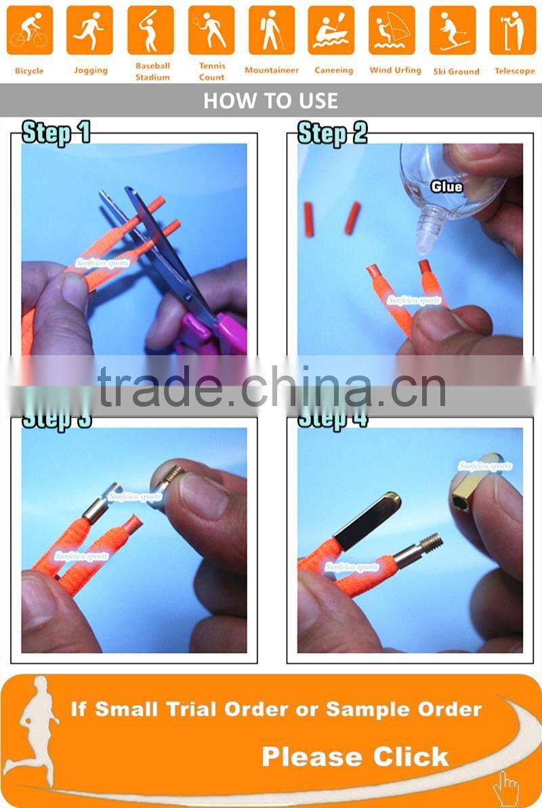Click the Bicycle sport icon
(29, 31)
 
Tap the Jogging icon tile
(89, 31)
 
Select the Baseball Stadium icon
(150, 31)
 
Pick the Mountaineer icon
(271, 31)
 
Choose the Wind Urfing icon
(392, 31)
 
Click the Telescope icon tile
(513, 31)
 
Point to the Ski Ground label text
(456, 71)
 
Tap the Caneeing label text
(333, 70)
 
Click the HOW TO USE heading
(270, 101)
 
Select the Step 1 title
(56, 133)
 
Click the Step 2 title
(332, 133)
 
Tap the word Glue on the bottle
(447, 186)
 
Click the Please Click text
(355, 756)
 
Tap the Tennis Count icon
(211, 31)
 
